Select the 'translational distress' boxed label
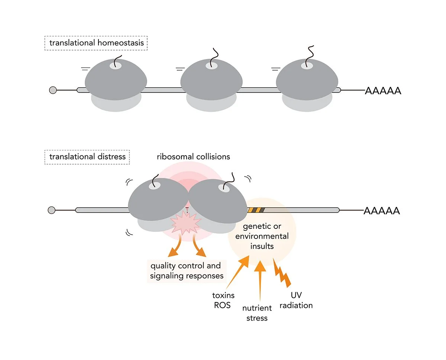pos(87,157)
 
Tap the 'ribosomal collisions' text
pos(193,156)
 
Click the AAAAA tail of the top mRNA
pos(383,91)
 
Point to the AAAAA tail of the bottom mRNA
pos(382,211)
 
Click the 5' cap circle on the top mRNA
pos(53,90)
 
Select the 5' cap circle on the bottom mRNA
pos(52,210)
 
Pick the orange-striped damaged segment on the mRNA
pos(256,210)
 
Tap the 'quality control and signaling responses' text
pos(186,270)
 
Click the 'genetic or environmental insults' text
pos(262,236)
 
